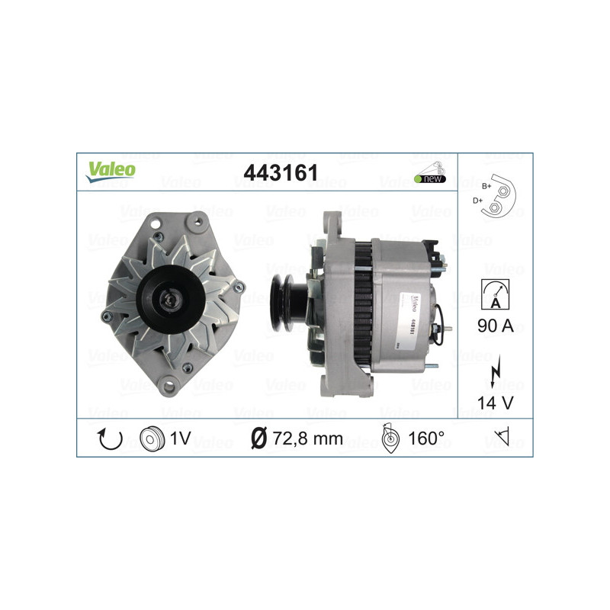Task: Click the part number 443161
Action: pos(281,173)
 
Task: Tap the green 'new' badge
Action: pos(430,178)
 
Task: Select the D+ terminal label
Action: pos(478,200)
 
